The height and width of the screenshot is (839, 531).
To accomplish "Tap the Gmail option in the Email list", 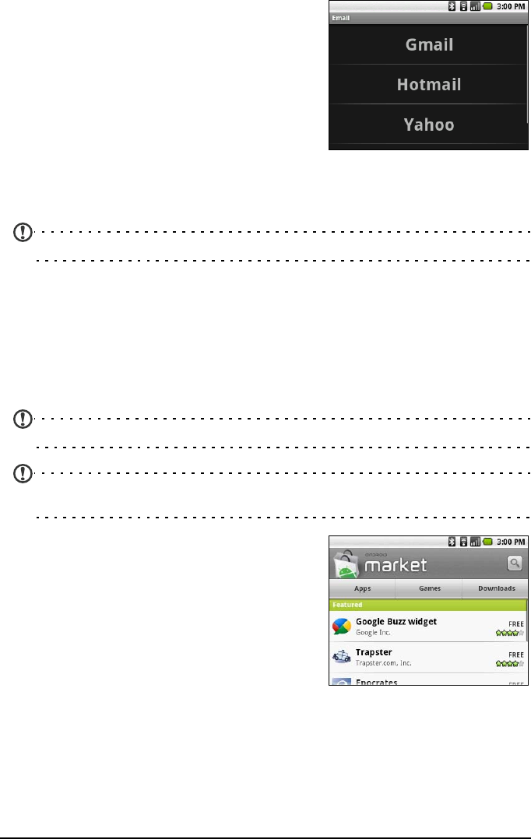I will click(429, 45).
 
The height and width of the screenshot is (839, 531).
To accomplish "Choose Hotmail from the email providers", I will click(429, 85).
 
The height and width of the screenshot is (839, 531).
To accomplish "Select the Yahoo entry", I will click(429, 125).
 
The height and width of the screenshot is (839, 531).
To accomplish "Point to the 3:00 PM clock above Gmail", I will click(511, 6).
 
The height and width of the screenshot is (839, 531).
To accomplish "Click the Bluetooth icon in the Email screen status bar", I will click(452, 6).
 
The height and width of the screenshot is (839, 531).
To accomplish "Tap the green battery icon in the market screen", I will click(487, 540).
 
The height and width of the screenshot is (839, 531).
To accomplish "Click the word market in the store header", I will click(399, 563).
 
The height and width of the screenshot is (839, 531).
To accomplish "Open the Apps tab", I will click(362, 589).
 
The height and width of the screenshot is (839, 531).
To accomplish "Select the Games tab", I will click(429, 589).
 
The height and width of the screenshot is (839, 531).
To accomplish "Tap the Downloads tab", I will click(496, 589).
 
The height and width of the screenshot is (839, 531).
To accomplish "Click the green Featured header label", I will click(347, 605).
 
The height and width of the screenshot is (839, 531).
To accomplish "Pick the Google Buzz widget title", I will click(396, 621).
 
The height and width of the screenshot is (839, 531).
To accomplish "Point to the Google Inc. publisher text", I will click(373, 633).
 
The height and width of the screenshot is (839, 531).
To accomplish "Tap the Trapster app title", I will click(374, 651).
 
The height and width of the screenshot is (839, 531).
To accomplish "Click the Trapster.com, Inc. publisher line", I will click(383, 663).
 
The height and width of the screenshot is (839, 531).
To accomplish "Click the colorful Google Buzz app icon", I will click(342, 627).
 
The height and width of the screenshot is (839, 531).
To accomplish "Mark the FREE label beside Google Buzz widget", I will click(515, 623).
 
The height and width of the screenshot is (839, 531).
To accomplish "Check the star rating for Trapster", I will click(510, 664).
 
